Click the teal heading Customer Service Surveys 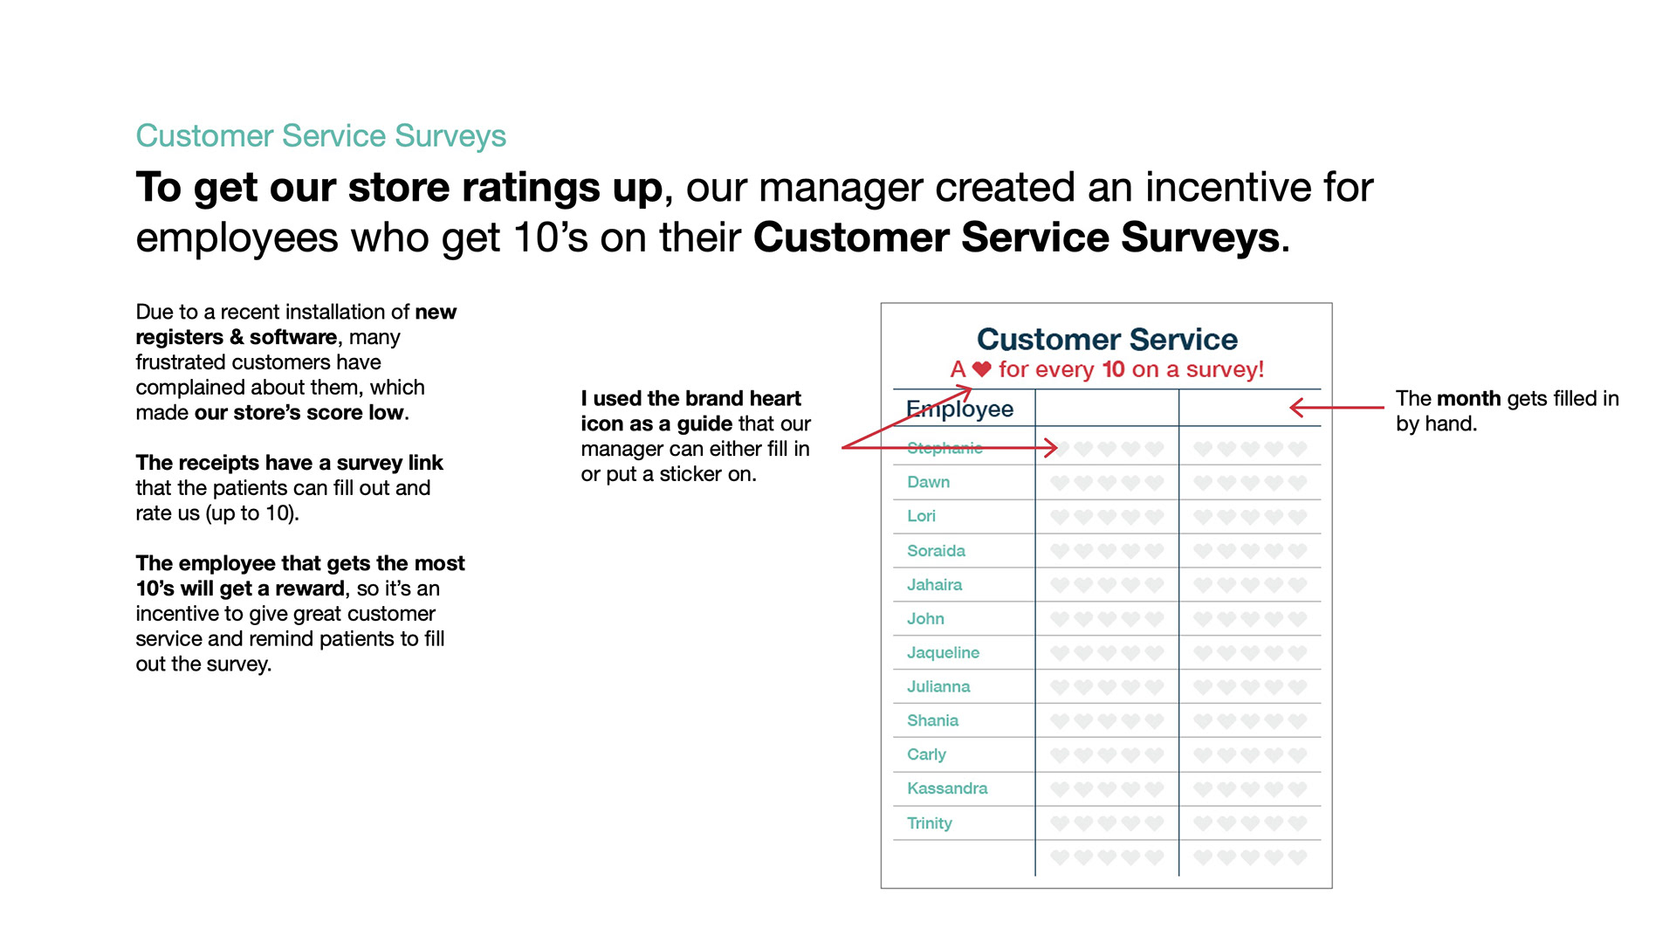pos(320,136)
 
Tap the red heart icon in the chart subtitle pos(982,369)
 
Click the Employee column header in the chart pos(959,409)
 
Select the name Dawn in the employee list pos(928,482)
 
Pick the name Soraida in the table pos(936,551)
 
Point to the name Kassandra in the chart pos(947,788)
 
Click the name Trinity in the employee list pos(930,823)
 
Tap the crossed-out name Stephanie pos(944,448)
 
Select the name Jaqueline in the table pos(943,652)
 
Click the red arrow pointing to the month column pos(1336,407)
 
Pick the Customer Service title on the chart pos(1107,339)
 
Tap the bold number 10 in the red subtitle pos(1113,369)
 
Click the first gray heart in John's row pos(1060,619)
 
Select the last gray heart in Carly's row pos(1297,754)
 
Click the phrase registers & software pos(236,337)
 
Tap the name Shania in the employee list pos(932,720)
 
